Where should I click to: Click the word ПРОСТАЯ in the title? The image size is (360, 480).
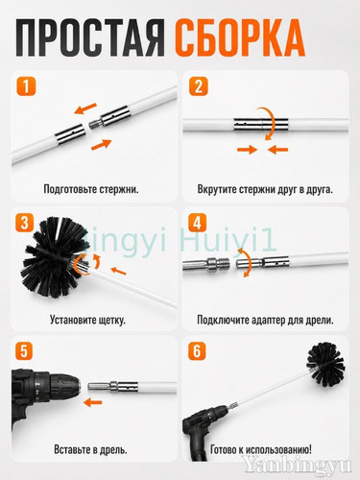pos(90,38)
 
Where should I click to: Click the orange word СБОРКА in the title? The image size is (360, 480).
pos(239,38)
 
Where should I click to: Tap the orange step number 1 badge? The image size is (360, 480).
pos(26,86)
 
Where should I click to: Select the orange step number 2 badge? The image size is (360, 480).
pos(199,86)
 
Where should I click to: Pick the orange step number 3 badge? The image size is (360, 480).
pos(24,223)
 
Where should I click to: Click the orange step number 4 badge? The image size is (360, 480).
pos(197,223)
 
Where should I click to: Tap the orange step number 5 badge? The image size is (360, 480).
pos(24,351)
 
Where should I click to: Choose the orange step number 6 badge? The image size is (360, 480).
pos(197,351)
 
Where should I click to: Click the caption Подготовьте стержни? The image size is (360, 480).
pos(91,189)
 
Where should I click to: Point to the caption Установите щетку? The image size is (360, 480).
pos(87,320)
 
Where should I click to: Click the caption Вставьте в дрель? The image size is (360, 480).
pos(90,449)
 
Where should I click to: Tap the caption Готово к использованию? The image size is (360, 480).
pos(261,449)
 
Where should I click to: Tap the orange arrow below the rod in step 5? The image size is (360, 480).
pos(92,402)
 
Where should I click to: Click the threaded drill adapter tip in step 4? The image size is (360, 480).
pos(222,264)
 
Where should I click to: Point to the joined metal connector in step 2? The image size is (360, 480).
pos(261,124)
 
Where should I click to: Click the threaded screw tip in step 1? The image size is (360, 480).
pos(95,123)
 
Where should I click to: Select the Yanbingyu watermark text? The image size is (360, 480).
pos(297,465)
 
